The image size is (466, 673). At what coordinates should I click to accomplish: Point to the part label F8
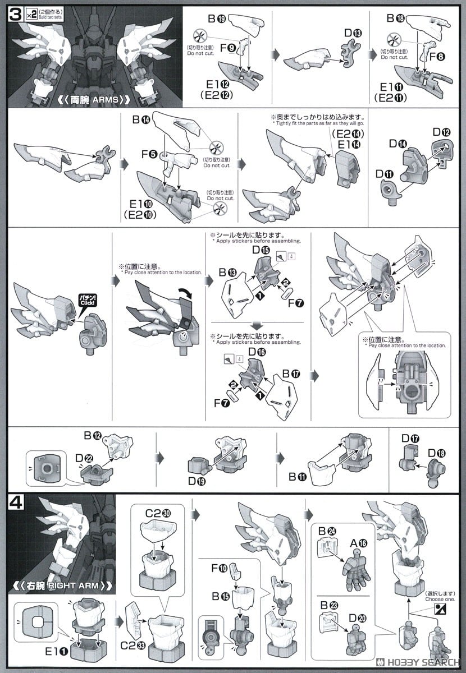click(436, 56)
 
